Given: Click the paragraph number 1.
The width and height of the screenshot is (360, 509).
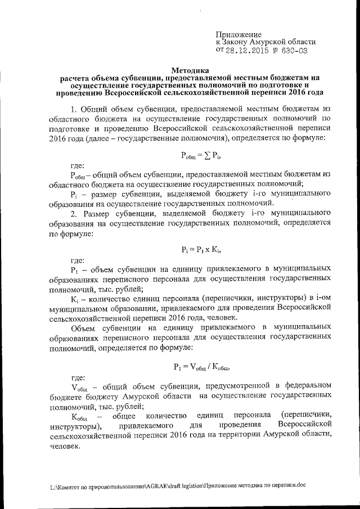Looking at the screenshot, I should tap(74, 109).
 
